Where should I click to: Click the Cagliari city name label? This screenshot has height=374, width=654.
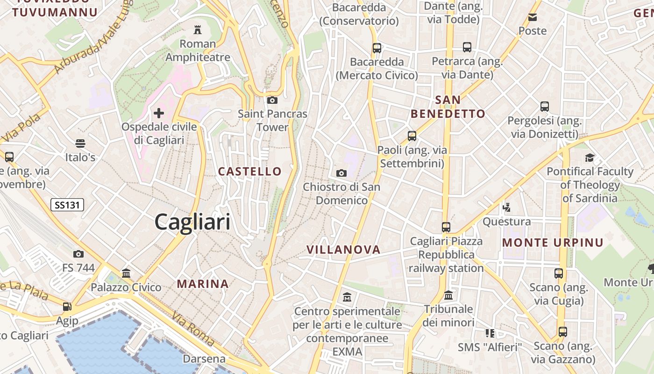(x=192, y=222)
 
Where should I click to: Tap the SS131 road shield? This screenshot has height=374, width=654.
(x=67, y=204)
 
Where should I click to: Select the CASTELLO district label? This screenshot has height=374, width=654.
(x=250, y=172)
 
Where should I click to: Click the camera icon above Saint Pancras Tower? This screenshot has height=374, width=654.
(x=272, y=100)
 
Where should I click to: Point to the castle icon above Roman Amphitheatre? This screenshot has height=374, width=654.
(x=198, y=30)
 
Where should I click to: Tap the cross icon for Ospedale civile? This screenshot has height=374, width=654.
(x=159, y=113)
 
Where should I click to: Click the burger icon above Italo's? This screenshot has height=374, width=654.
(x=80, y=143)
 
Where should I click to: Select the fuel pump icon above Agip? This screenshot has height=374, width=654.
(x=67, y=307)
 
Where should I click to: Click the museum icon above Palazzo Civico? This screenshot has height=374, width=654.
(x=126, y=273)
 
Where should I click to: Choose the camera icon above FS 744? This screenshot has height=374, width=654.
(x=78, y=254)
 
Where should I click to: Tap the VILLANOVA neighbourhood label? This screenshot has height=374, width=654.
(x=343, y=250)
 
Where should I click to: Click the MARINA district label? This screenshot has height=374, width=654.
(x=203, y=284)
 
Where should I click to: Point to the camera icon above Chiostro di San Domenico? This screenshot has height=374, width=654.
(x=341, y=173)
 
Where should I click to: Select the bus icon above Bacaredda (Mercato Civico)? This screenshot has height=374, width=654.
(x=377, y=48)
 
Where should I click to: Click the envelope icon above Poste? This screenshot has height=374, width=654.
(x=532, y=18)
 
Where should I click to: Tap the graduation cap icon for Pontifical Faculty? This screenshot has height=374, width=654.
(x=590, y=158)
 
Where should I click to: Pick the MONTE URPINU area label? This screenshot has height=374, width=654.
(x=553, y=243)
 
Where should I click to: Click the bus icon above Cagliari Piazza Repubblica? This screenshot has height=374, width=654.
(x=446, y=227)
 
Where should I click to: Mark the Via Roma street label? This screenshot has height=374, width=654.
(x=192, y=328)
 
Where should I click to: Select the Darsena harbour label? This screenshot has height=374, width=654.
(x=204, y=359)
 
